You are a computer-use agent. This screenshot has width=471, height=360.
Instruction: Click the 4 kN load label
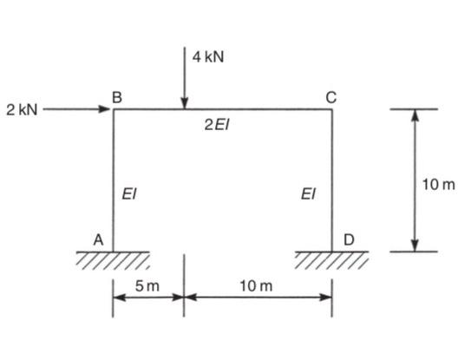(208, 56)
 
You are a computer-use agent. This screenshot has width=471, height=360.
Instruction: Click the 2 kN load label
(22, 109)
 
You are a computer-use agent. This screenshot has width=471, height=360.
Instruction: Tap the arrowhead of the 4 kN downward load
(185, 103)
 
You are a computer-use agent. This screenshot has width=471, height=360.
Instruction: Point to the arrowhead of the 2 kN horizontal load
(105, 109)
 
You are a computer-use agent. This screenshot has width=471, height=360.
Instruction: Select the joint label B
(117, 97)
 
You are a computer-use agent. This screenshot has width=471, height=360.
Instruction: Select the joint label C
(331, 98)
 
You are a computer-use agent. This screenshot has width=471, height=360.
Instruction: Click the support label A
(98, 240)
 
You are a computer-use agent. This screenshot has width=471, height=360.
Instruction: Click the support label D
(349, 239)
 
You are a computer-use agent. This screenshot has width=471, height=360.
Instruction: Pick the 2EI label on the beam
(217, 124)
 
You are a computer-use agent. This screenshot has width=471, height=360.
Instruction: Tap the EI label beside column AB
(129, 193)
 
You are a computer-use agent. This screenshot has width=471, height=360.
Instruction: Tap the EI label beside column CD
(308, 193)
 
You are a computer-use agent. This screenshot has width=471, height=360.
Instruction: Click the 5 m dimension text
(147, 285)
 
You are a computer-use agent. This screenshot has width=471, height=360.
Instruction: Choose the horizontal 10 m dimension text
(256, 285)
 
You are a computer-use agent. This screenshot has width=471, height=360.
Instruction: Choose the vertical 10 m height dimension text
(439, 184)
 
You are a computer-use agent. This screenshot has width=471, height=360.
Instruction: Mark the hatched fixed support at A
(113, 260)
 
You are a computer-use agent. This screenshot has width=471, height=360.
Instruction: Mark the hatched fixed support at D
(331, 260)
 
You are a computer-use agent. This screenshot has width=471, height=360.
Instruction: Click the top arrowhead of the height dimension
(415, 115)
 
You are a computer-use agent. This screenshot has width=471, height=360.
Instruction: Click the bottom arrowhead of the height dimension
(415, 245)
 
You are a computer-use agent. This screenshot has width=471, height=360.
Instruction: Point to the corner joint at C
(332, 109)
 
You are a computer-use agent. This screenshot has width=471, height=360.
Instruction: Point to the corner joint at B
(114, 109)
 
